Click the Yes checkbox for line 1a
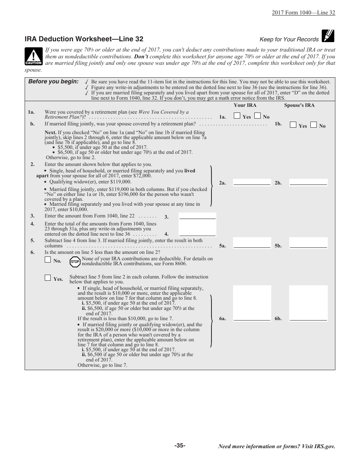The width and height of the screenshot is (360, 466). point(237,116)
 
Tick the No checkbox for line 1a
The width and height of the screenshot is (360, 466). point(257,116)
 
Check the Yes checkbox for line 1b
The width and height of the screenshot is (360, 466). point(293,125)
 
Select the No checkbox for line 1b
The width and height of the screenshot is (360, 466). point(313,125)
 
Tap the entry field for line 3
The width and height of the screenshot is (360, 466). point(197,216)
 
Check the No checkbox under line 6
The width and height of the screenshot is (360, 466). point(48,260)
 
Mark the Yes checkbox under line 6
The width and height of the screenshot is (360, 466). point(48,278)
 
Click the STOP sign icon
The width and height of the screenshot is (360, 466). point(75,261)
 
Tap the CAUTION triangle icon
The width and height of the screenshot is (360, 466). point(34,57)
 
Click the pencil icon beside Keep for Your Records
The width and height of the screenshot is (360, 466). point(328,36)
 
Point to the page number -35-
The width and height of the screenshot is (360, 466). point(180,446)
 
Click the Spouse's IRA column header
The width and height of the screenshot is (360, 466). point(299,105)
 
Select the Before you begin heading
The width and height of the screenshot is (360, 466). point(53,81)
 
